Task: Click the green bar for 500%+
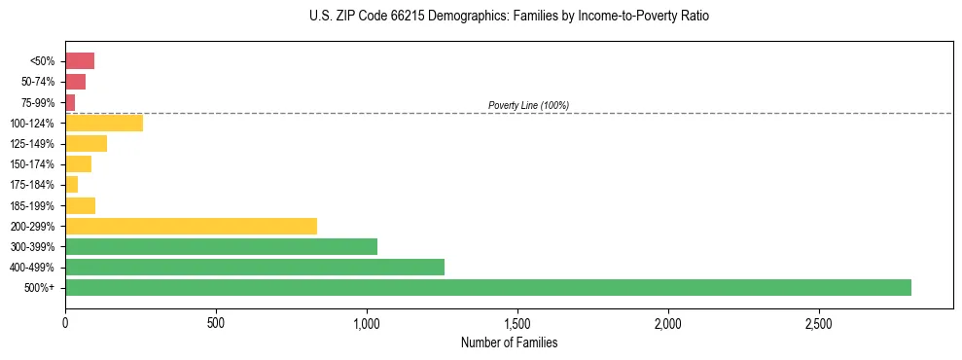(488, 287)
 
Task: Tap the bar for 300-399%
(221, 246)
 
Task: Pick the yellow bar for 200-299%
(191, 226)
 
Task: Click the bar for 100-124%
(104, 123)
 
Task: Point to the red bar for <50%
(80, 61)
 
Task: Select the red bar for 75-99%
(70, 102)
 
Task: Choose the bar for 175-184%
(71, 185)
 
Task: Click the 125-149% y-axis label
(32, 144)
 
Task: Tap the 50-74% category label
(38, 82)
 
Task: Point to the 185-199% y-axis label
(32, 205)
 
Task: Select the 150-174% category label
(32, 164)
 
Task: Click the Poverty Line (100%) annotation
(528, 105)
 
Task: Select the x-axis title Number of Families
(509, 342)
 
